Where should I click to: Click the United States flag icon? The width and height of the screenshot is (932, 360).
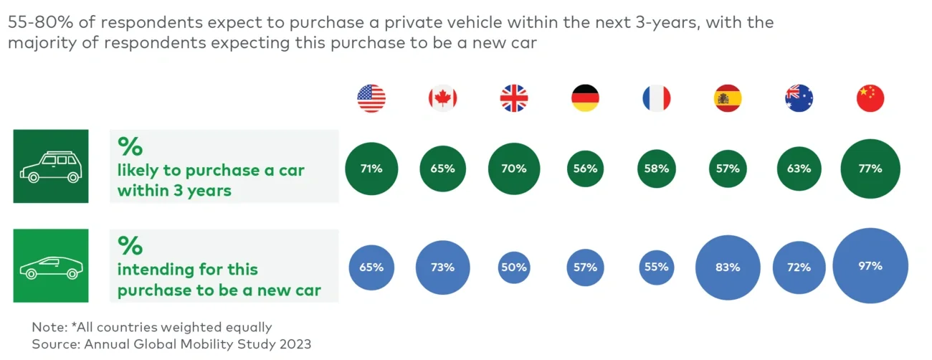(x=371, y=98)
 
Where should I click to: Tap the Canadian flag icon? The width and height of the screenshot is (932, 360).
(x=442, y=98)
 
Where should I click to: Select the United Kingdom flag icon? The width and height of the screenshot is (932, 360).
(x=513, y=98)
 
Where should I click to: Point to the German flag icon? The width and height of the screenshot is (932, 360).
(x=585, y=98)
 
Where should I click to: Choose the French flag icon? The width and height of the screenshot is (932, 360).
(x=656, y=98)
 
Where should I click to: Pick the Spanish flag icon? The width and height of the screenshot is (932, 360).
(x=728, y=98)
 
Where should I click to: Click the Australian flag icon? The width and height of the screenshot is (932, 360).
(x=799, y=98)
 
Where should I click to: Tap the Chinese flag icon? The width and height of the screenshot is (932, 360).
(x=870, y=98)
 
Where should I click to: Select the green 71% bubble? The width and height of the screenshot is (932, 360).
(x=371, y=169)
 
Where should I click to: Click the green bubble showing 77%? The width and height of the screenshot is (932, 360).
(x=870, y=169)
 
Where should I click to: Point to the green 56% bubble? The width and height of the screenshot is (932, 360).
(x=585, y=169)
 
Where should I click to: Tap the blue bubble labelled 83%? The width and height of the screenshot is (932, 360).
(x=728, y=267)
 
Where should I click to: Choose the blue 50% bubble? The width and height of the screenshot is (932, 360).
(x=513, y=267)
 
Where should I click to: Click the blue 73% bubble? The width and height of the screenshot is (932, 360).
(x=442, y=267)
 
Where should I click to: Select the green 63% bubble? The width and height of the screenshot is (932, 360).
(x=799, y=169)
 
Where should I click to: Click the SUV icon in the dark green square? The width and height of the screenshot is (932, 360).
(x=50, y=166)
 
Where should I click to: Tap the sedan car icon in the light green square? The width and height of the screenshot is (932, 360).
(x=50, y=267)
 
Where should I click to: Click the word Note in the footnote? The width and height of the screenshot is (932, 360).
(x=47, y=327)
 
